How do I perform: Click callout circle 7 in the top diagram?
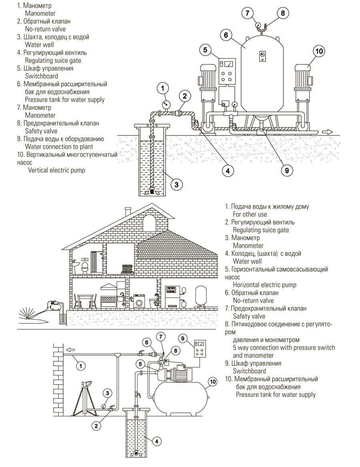tap(248, 13)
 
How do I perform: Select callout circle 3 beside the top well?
tap(176, 184)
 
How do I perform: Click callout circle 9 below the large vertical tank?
tap(286, 170)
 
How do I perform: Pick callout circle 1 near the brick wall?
tap(80, 365)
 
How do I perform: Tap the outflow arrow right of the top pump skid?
tap(327, 132)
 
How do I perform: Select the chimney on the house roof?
tap(128, 211)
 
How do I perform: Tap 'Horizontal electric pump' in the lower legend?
tap(264, 285)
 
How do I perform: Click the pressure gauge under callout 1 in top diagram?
tap(164, 104)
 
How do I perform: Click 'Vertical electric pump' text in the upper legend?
tap(56, 170)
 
